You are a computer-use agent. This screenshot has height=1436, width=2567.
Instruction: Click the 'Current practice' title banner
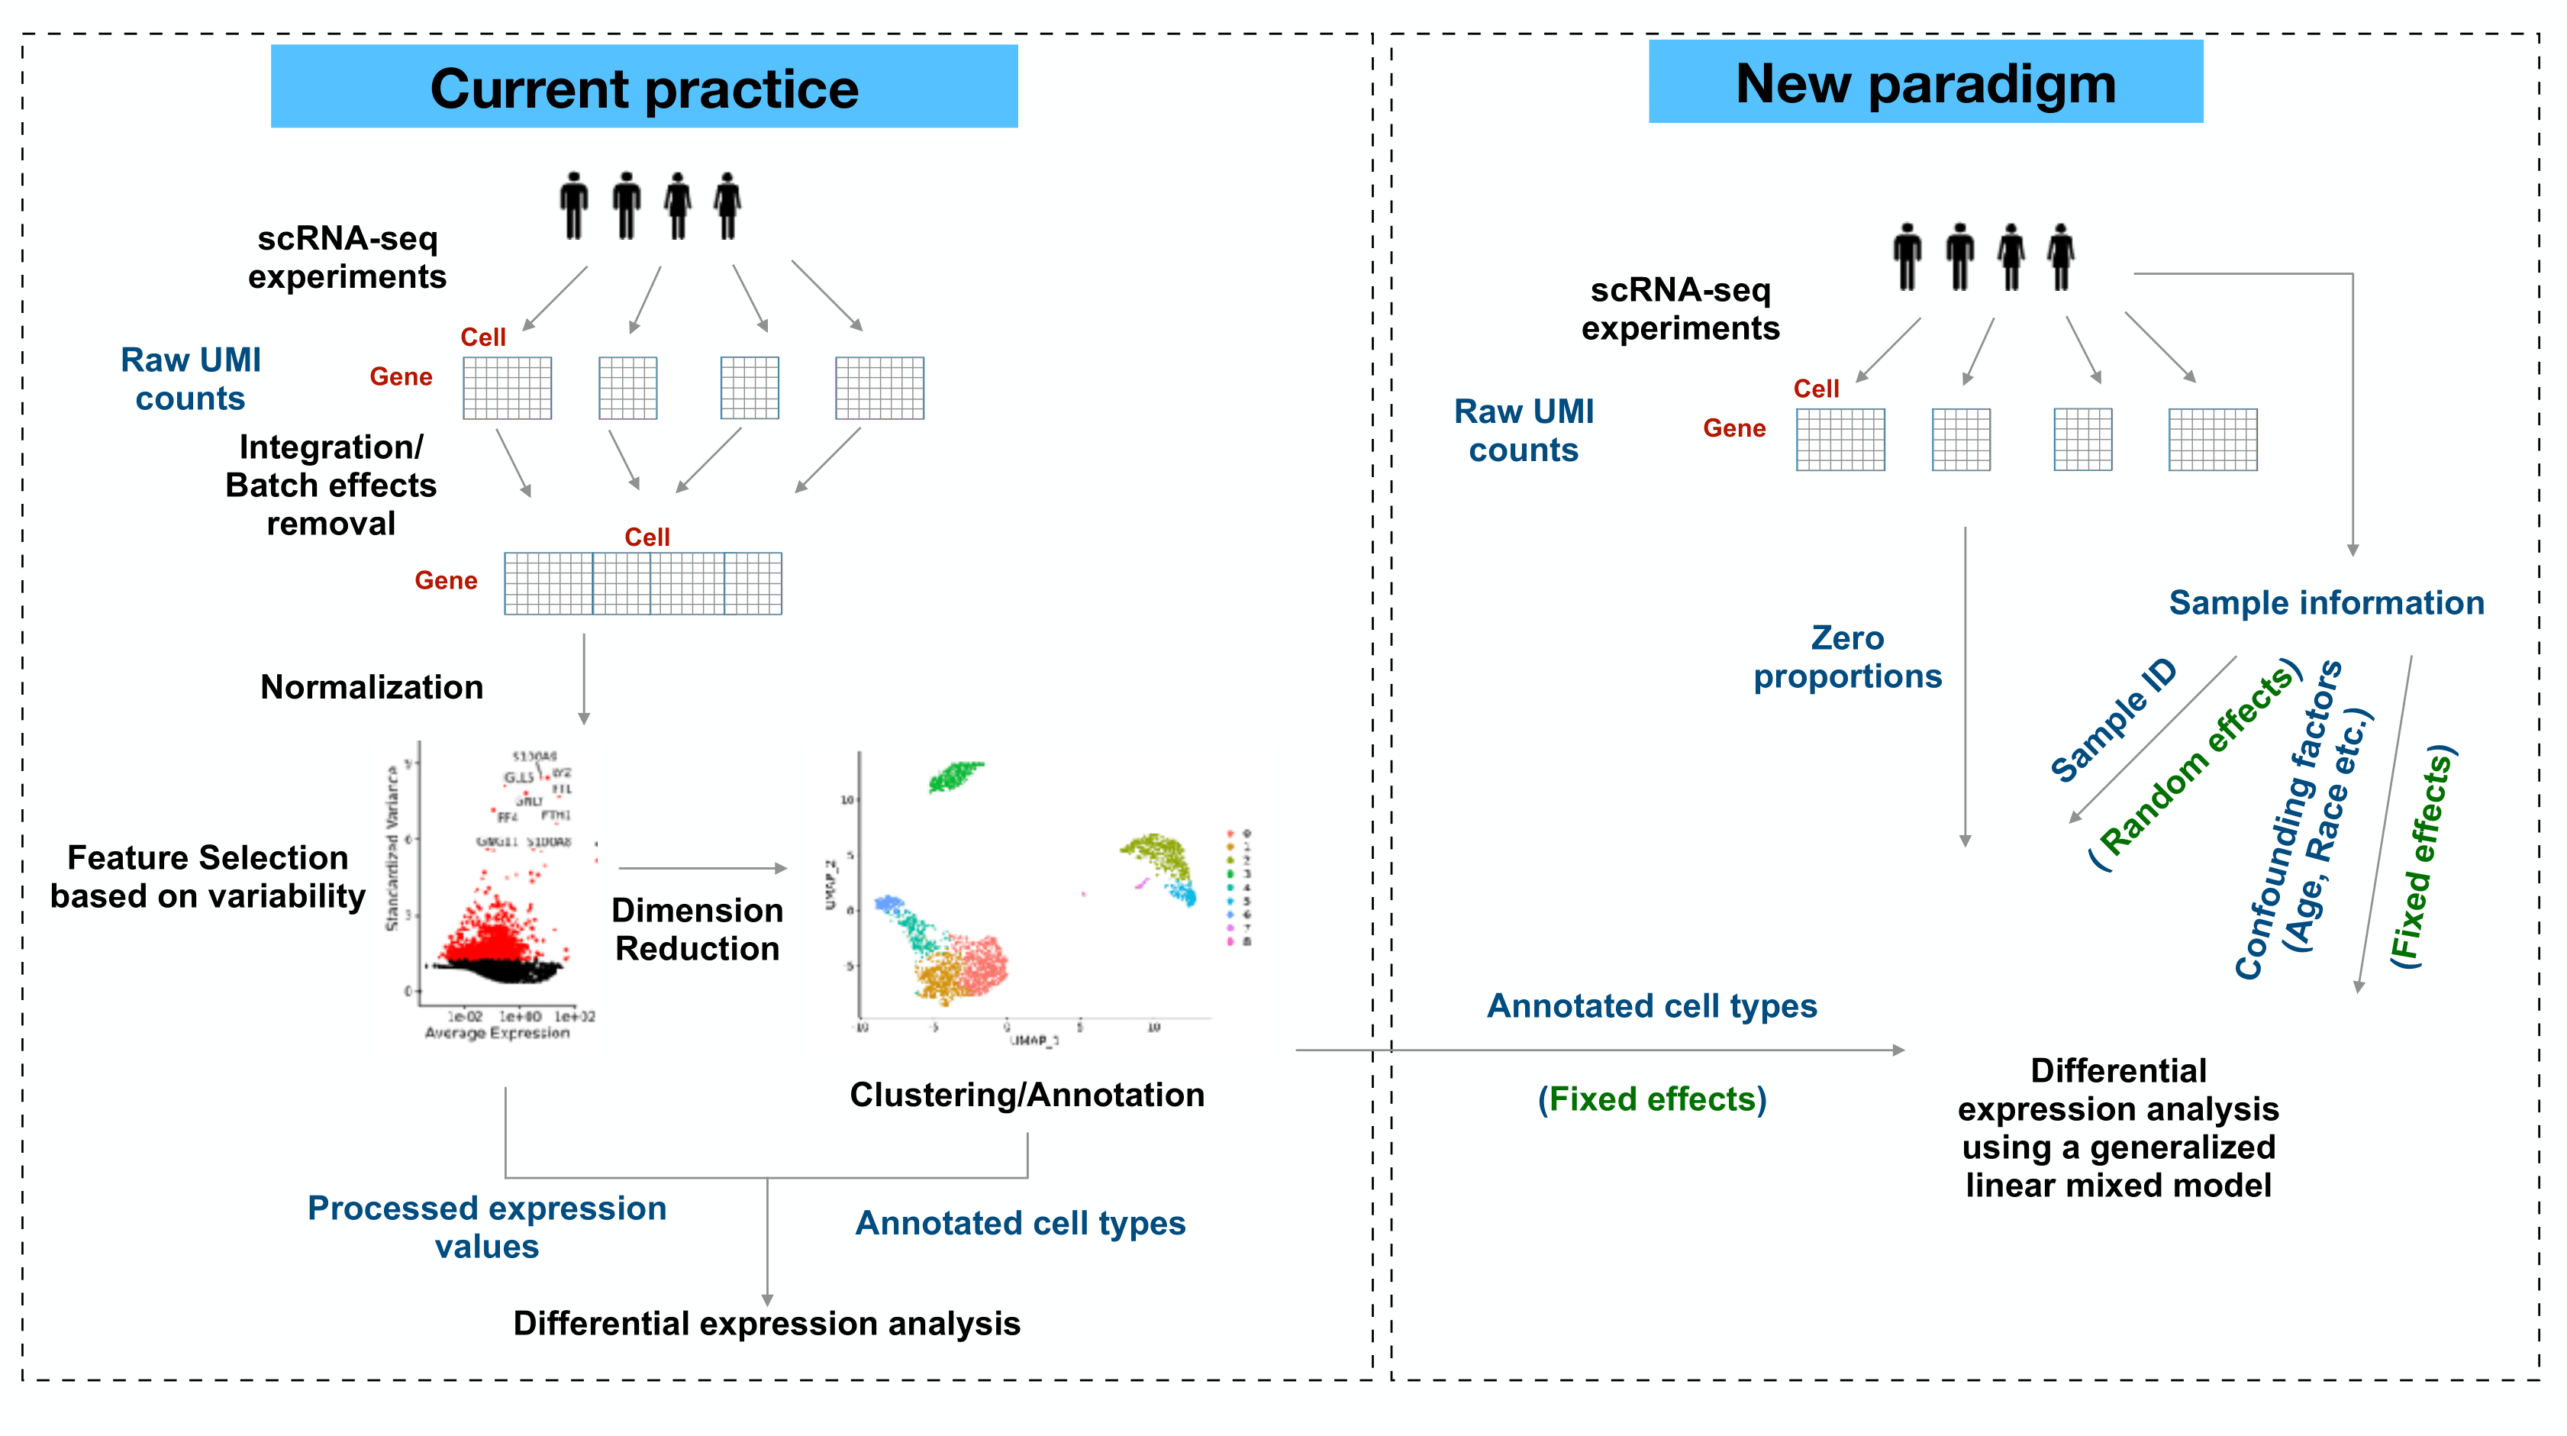pos(643,87)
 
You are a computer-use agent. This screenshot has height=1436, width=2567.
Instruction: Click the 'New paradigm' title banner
pos(1925,82)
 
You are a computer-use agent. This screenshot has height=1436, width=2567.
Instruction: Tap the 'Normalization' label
pos(372,688)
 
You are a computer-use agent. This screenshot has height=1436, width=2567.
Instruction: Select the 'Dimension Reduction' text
pos(697,929)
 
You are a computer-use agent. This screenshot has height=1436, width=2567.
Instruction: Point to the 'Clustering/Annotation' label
pos(1027,1096)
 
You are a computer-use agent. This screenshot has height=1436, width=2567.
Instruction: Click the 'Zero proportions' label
pos(1847,658)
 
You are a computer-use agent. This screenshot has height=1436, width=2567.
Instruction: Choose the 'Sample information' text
pos(2326,603)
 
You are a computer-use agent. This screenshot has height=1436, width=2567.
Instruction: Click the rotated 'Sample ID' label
pos(2113,721)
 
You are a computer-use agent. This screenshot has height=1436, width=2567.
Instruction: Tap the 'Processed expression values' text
pos(486,1227)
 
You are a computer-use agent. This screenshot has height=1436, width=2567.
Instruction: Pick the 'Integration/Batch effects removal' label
pos(331,486)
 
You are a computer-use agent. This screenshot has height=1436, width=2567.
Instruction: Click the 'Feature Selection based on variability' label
pos(208,877)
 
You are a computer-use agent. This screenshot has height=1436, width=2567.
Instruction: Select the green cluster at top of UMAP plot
pos(956,776)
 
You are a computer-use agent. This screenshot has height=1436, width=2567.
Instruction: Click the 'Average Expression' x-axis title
pos(497,1034)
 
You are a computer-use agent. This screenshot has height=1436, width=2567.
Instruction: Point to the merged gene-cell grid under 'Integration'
pos(643,584)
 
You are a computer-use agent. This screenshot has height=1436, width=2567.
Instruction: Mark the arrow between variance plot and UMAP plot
pos(702,869)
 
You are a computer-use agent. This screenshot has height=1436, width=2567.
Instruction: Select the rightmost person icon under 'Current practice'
pos(727,206)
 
